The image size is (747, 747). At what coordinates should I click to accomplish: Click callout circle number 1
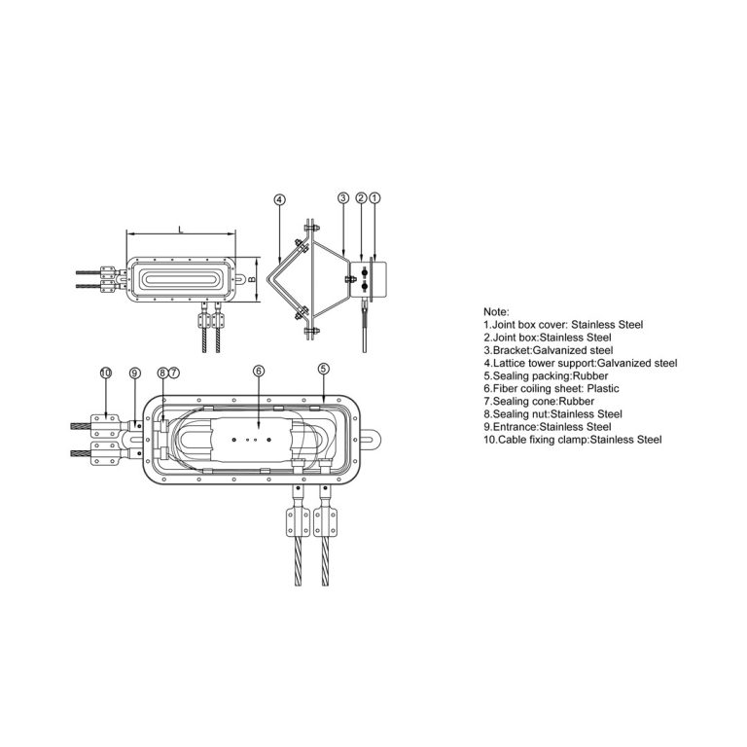pyautogui.click(x=375, y=197)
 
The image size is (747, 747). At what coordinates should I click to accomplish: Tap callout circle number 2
pyautogui.click(x=361, y=197)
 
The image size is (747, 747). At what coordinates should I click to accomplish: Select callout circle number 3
pyautogui.click(x=343, y=197)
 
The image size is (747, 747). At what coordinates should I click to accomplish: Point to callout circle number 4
pyautogui.click(x=280, y=199)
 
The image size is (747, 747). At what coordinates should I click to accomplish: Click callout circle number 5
pyautogui.click(x=324, y=369)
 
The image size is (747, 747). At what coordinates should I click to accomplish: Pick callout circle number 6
pyautogui.click(x=258, y=371)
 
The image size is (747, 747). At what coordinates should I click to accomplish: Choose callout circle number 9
pyautogui.click(x=135, y=373)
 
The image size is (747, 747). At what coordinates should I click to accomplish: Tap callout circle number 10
pyautogui.click(x=106, y=373)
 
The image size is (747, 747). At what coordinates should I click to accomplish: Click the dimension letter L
pyautogui.click(x=181, y=230)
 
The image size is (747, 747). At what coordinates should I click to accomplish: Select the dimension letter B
pyautogui.click(x=253, y=279)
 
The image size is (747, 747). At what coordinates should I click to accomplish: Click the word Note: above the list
pyautogui.click(x=496, y=312)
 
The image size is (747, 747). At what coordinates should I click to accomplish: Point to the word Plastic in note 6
pyautogui.click(x=603, y=389)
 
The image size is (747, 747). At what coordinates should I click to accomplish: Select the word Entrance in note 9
pyautogui.click(x=515, y=427)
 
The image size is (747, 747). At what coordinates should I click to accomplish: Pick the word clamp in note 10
pyautogui.click(x=574, y=441)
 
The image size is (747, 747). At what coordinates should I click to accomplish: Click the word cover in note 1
pyautogui.click(x=552, y=325)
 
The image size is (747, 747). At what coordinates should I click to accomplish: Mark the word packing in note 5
pyautogui.click(x=550, y=376)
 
